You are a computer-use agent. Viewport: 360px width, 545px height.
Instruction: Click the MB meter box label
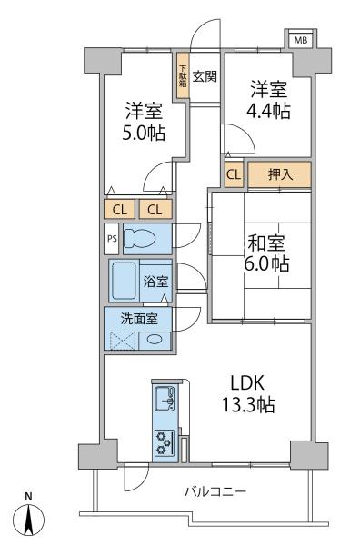tap(301, 40)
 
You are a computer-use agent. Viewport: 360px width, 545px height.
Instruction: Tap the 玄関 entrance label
tap(205, 76)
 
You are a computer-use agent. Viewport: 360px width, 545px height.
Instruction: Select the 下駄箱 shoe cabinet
tap(183, 75)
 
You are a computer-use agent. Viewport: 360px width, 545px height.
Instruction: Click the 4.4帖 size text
tap(268, 111)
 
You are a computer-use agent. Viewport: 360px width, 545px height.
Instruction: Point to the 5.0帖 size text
tap(144, 133)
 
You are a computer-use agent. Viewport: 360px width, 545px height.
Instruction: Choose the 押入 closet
tap(279, 174)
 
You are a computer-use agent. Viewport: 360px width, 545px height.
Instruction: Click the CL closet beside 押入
tap(234, 174)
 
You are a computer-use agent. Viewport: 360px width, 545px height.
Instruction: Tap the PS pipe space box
tap(112, 239)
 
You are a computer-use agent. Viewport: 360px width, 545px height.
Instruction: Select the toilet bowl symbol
tap(140, 239)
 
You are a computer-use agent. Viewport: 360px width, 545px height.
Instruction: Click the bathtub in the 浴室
tap(124, 281)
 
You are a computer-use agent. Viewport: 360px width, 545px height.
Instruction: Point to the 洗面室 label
tap(139, 319)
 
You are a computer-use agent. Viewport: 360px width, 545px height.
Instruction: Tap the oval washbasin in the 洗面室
tap(154, 340)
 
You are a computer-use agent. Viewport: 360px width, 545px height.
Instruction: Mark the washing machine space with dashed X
tap(122, 341)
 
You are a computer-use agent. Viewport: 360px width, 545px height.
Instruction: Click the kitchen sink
tap(164, 399)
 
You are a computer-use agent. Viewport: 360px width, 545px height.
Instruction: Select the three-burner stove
tap(164, 442)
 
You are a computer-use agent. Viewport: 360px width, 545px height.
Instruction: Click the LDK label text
tap(248, 383)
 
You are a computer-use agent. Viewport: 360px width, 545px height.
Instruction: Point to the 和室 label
tap(266, 243)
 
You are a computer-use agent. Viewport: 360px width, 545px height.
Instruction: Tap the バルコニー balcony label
tap(215, 491)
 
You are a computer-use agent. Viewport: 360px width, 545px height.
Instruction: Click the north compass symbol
tap(29, 520)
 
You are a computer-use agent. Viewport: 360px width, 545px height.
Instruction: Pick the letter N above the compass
tap(28, 496)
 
